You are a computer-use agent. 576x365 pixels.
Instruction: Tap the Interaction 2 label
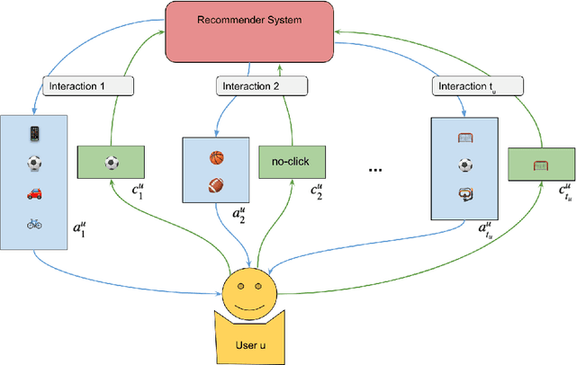[249, 87]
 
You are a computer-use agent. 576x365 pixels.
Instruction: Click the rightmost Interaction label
[467, 87]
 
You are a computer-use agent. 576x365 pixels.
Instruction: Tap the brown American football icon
[215, 188]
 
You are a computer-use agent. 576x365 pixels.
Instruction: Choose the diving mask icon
[464, 195]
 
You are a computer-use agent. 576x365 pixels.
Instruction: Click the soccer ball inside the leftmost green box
[112, 164]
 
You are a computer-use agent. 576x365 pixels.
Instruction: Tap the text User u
[249, 345]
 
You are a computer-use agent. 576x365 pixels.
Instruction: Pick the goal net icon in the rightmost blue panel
[464, 138]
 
